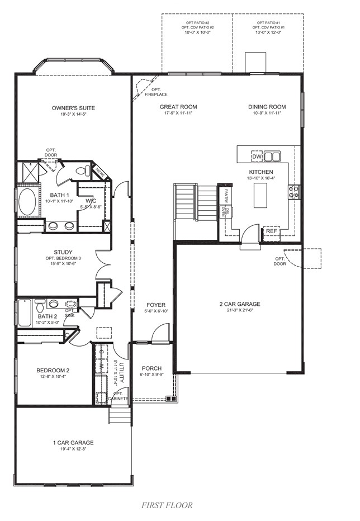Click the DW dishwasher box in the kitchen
(x=257, y=155)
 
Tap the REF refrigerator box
(x=271, y=231)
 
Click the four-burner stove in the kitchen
(x=294, y=192)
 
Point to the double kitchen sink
(x=272, y=156)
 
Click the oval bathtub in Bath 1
(x=26, y=202)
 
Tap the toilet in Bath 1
(x=83, y=170)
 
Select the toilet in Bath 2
(x=40, y=307)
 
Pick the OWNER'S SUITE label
(x=73, y=108)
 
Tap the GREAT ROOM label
(x=178, y=107)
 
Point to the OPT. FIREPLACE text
(x=156, y=92)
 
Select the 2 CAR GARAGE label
(x=240, y=304)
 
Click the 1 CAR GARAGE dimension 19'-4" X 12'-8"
(x=73, y=449)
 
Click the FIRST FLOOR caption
(x=166, y=505)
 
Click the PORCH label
(x=151, y=368)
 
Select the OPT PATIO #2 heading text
(x=196, y=23)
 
